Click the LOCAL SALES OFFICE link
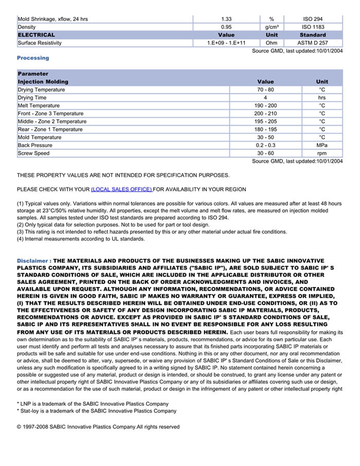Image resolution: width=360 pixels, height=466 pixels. point(121,189)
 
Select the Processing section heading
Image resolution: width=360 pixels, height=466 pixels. point(33,58)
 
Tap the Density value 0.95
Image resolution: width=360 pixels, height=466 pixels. point(226,27)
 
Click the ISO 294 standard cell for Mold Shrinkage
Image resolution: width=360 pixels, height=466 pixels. point(312,19)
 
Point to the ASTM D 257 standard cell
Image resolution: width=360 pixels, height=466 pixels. point(312,43)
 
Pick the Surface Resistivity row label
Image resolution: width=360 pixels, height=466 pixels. point(40,43)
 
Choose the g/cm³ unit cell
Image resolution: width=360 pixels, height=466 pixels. point(272,27)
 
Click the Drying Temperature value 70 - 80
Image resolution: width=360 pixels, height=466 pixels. point(265,90)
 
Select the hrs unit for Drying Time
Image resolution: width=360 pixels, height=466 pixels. point(322,98)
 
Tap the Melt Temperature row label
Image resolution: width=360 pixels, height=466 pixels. point(39,106)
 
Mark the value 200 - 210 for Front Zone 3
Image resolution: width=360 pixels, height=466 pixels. point(265,114)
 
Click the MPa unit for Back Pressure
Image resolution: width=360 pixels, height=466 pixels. point(322,146)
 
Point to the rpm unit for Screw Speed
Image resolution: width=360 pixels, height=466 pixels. point(322,153)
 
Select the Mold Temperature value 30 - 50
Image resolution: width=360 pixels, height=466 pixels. point(265,137)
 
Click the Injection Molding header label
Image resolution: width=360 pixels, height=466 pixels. point(43,82)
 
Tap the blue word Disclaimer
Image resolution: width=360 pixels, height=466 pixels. point(33,261)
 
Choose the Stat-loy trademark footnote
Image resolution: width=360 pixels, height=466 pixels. point(96,411)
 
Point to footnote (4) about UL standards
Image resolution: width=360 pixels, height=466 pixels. point(81,239)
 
